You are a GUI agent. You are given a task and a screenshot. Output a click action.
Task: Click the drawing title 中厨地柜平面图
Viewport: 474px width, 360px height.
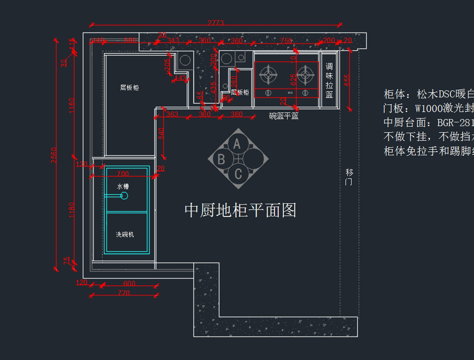point(240,210)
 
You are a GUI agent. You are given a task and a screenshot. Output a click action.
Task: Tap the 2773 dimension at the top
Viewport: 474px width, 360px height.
point(216,23)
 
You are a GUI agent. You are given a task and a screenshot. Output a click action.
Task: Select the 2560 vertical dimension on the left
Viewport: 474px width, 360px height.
point(54,155)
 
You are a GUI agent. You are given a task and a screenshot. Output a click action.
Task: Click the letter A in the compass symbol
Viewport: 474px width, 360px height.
point(237,144)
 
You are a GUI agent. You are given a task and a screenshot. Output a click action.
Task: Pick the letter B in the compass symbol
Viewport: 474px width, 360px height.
point(221,159)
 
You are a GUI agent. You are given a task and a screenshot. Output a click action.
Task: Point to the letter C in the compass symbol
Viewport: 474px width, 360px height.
point(238,174)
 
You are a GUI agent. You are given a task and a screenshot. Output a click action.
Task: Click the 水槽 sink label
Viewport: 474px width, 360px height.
point(123,186)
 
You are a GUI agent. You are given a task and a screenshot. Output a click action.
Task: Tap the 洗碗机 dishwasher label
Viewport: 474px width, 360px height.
point(125,234)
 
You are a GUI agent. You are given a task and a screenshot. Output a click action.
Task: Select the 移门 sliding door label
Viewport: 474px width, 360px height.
point(349,177)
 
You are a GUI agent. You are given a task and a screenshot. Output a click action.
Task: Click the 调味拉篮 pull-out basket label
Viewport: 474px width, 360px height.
point(329,81)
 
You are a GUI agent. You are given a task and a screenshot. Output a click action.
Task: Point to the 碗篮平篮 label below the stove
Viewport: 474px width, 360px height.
point(284,116)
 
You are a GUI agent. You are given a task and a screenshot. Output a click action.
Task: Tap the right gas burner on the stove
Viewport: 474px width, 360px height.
point(305,74)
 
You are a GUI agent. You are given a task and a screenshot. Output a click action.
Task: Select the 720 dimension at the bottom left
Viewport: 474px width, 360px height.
point(124,293)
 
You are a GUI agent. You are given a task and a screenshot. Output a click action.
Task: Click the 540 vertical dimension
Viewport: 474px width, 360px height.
point(161,133)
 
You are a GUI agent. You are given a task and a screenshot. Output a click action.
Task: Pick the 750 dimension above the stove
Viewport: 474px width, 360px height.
point(286,41)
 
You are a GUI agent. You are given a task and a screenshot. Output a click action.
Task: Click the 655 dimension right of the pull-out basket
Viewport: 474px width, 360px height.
point(347,80)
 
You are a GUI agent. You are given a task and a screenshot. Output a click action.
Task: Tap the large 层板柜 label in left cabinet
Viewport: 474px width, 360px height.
point(130,88)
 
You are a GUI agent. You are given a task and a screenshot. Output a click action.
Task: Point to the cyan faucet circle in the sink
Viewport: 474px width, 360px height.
point(124,196)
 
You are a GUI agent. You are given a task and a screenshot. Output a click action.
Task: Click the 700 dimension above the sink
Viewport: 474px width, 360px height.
point(123,174)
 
